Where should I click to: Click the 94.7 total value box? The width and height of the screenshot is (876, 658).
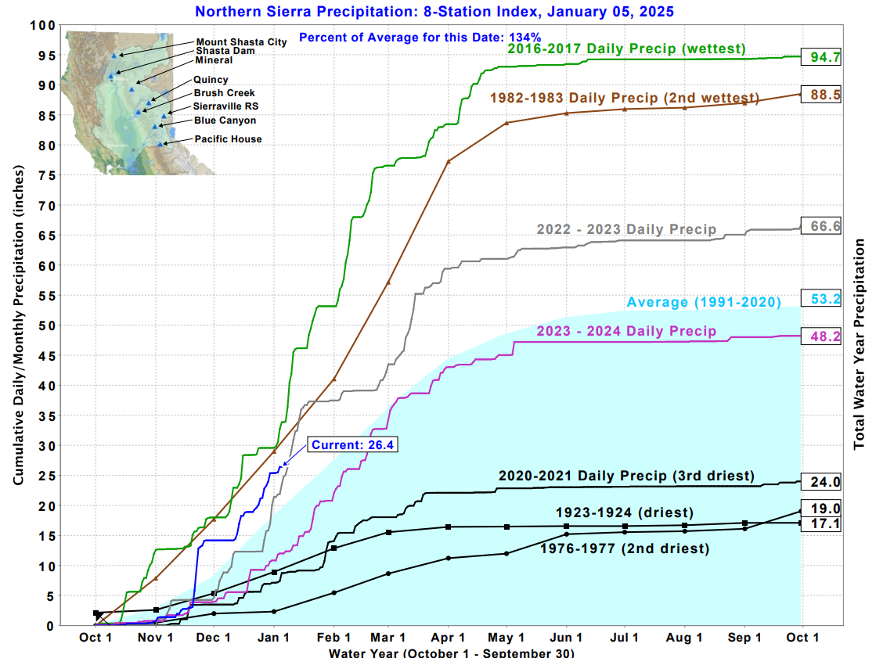pyautogui.click(x=820, y=56)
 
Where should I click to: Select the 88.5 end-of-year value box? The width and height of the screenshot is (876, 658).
pyautogui.click(x=820, y=94)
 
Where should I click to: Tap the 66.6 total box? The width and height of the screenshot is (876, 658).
pyautogui.click(x=820, y=226)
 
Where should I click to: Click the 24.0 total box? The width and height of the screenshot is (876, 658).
pyautogui.click(x=820, y=482)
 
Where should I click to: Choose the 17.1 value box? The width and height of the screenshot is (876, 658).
pyautogui.click(x=820, y=523)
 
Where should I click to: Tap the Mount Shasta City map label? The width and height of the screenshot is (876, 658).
pyautogui.click(x=241, y=42)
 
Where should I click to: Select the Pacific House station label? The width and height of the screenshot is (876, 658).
pyautogui.click(x=229, y=139)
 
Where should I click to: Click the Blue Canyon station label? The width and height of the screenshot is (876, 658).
pyautogui.click(x=225, y=120)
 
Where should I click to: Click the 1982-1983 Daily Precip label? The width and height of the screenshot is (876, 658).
pyautogui.click(x=624, y=99)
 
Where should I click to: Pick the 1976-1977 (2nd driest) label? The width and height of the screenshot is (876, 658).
pyautogui.click(x=625, y=548)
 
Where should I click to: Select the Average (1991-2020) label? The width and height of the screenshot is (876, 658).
pyautogui.click(x=704, y=303)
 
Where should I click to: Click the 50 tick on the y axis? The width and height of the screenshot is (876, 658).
pyautogui.click(x=46, y=325)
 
